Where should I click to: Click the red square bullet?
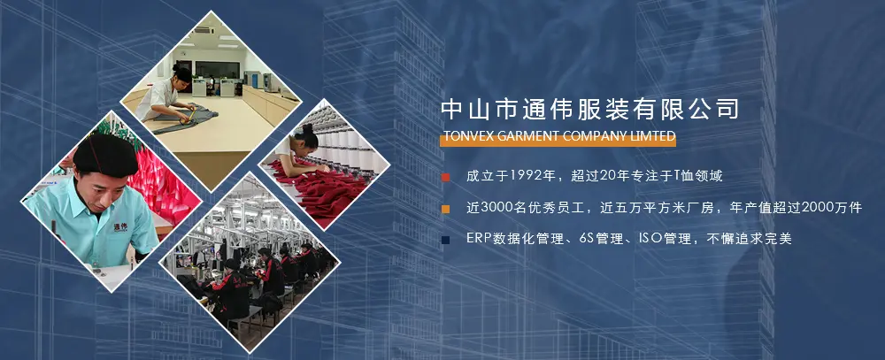coord(446,177)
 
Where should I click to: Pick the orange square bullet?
coord(446,209)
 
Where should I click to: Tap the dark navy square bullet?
coord(446,240)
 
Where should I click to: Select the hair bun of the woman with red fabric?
coord(308,129)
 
